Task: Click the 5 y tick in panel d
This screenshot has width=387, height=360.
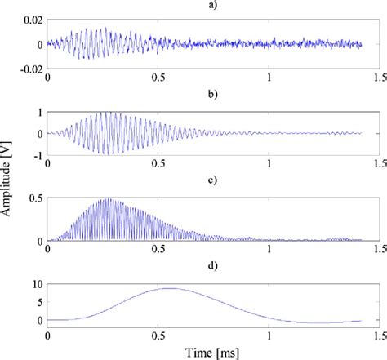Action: pyautogui.click(x=36, y=302)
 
